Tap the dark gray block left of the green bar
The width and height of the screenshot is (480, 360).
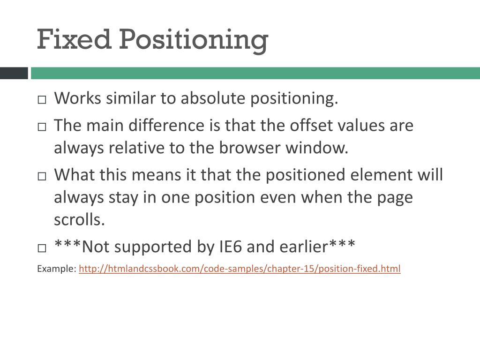pyautogui.click(x=14, y=73)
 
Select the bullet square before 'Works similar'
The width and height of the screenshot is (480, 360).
pyautogui.click(x=42, y=100)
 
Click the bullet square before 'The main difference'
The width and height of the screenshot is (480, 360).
pyautogui.click(x=42, y=127)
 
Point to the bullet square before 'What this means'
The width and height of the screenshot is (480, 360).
pyautogui.click(x=42, y=176)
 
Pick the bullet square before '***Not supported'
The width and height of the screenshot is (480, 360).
pyautogui.click(x=42, y=247)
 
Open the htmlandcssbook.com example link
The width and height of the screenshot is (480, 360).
pyautogui.click(x=240, y=269)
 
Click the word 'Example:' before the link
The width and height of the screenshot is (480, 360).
pyautogui.click(x=56, y=269)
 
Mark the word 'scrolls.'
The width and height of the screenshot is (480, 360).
pyautogui.click(x=79, y=220)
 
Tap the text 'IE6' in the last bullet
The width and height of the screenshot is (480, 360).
pyautogui.click(x=230, y=246)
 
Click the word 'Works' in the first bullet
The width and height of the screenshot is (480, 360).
pyautogui.click(x=77, y=99)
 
